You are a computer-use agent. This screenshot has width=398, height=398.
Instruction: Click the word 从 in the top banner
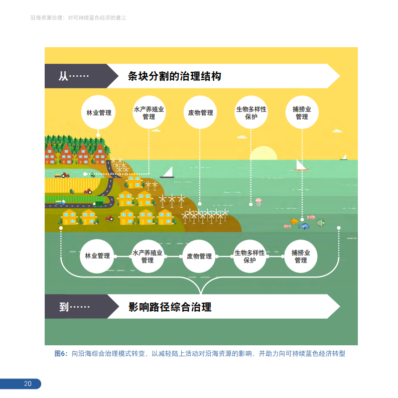(x=63, y=76)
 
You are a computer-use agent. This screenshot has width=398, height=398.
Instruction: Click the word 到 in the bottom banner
(x=64, y=307)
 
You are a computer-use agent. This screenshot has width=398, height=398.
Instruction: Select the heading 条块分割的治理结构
(x=174, y=76)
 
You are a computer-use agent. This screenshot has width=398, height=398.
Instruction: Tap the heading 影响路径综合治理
(x=170, y=307)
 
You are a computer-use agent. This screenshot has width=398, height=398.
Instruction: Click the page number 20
(x=28, y=384)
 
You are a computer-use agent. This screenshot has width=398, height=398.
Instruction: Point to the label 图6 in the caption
(x=60, y=353)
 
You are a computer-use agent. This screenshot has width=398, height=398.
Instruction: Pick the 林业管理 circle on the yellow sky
(x=99, y=112)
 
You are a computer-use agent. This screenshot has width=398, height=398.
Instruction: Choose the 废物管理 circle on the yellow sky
(x=200, y=112)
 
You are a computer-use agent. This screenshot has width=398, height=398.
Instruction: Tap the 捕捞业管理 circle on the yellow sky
(x=302, y=112)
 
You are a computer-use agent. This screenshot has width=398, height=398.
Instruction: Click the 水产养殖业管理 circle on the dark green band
(x=148, y=256)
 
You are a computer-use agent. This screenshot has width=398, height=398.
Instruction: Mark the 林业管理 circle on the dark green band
(x=97, y=256)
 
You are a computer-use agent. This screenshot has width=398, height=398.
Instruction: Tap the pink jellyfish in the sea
(x=258, y=202)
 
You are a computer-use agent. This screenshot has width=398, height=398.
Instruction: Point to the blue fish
(x=304, y=226)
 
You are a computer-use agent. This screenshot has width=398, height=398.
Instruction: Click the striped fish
(x=320, y=222)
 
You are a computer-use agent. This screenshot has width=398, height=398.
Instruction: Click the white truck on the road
(x=60, y=202)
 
